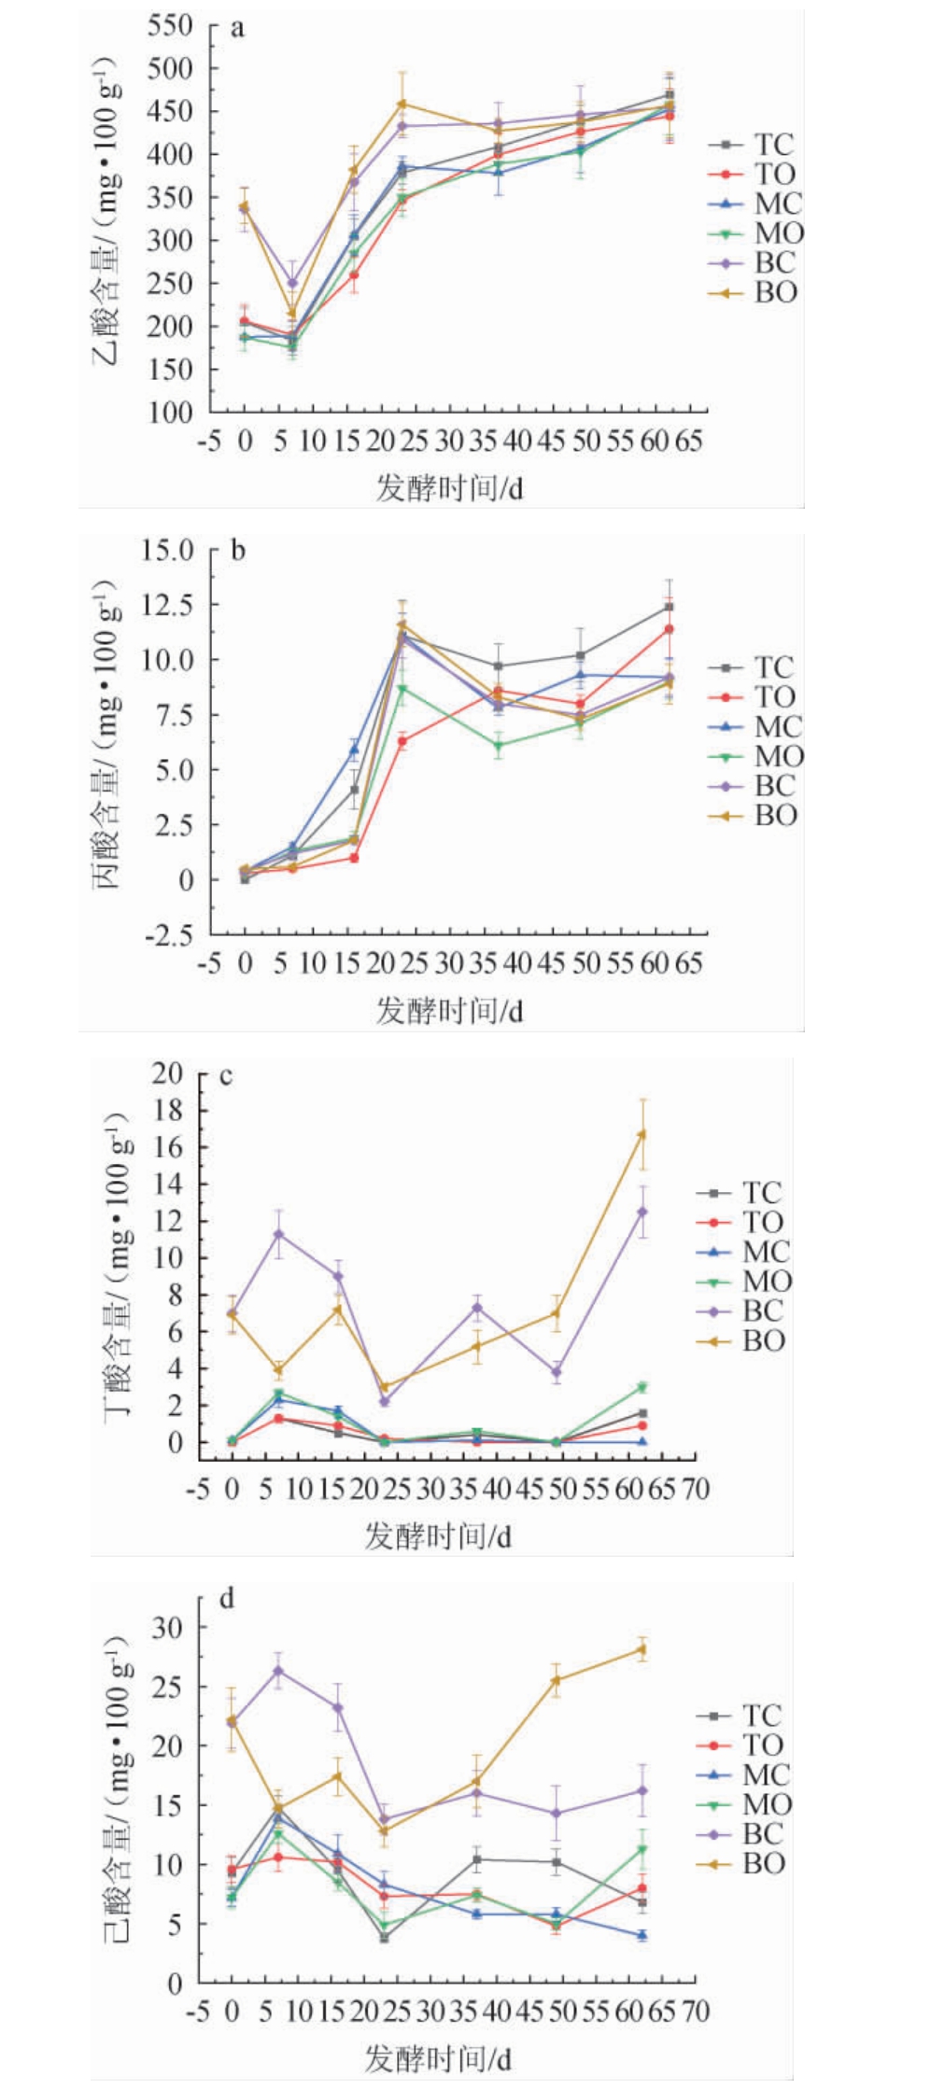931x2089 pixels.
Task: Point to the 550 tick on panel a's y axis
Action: [x=170, y=26]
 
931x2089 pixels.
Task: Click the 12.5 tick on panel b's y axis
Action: [x=167, y=605]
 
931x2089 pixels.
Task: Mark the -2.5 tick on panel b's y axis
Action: [x=167, y=934]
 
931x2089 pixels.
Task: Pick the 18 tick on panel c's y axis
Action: [x=168, y=1110]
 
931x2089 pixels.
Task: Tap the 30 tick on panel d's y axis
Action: [x=168, y=1627]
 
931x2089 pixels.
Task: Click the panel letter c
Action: [x=227, y=1076]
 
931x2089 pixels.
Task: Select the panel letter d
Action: [x=227, y=1599]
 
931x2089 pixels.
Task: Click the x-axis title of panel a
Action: [x=449, y=487]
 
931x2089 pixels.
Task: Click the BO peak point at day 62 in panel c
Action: [x=642, y=1134]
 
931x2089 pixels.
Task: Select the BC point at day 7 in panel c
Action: [x=278, y=1234]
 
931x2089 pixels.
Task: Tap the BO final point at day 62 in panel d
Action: [x=642, y=1649]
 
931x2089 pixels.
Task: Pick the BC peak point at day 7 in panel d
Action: [x=278, y=1671]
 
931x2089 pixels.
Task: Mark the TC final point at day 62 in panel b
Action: [x=669, y=607]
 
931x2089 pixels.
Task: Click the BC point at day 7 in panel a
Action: [x=292, y=282]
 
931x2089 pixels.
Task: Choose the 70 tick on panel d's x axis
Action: [x=696, y=2010]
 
